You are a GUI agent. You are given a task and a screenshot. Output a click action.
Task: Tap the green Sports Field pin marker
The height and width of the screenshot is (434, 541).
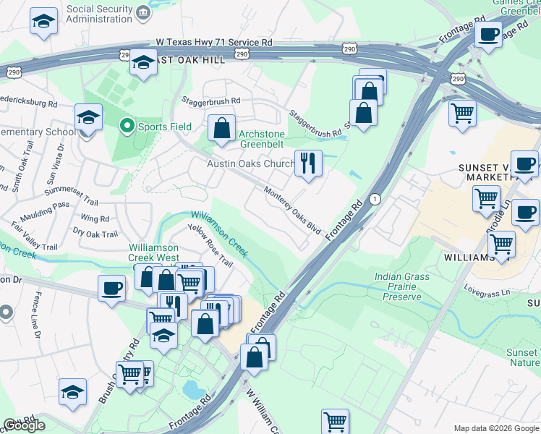pos(127,127)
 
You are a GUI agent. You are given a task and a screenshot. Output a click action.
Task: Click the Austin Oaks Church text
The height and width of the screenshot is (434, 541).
pos(250,164)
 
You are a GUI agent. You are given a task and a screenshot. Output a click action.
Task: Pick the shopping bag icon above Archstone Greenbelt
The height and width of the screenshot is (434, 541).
pos(221,128)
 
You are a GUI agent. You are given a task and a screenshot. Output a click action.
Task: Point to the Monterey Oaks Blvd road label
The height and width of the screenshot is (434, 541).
pos(292,210)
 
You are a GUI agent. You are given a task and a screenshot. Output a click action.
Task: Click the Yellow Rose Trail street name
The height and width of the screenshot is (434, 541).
pos(210,246)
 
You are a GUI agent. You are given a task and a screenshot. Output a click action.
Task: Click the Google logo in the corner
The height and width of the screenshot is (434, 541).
pos(24,425)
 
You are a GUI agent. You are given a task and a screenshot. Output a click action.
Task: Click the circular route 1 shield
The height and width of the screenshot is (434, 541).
pos(375,199)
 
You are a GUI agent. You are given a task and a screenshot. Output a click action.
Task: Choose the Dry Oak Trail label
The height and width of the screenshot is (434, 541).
pos(95,234)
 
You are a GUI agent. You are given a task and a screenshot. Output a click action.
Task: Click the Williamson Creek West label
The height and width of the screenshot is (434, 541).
pos(154,252)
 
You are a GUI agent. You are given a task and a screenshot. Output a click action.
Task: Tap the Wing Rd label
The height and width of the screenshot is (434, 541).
pos(95,218)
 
